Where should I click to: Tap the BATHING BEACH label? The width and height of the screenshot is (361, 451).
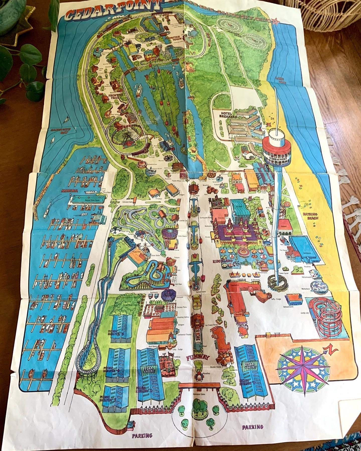pyautogui.click(x=310, y=216)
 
